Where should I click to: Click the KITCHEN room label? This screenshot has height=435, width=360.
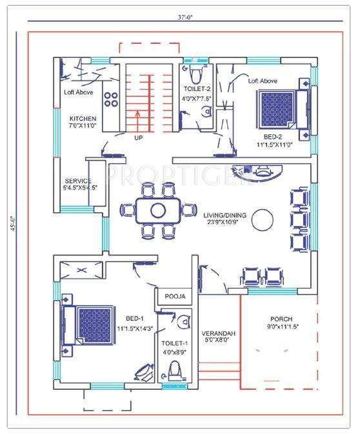83,119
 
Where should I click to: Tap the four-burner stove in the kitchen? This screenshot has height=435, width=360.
110,99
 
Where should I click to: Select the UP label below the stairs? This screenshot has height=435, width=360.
138,138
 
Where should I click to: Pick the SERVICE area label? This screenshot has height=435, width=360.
78,181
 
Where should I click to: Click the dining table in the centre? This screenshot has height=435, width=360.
158,210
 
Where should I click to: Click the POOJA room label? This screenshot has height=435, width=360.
175,296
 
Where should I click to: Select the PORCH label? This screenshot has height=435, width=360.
281,319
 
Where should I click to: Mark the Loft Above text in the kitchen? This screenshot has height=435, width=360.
78,92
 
